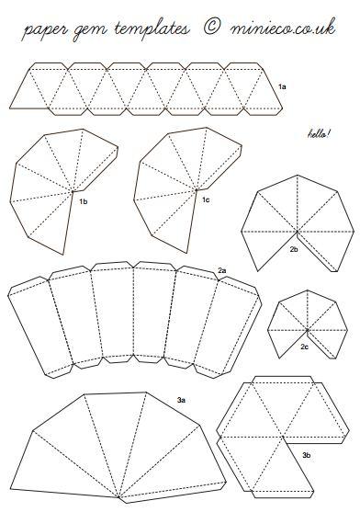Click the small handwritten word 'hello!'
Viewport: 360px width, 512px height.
coord(317,135)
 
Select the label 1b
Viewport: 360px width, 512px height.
coord(83,199)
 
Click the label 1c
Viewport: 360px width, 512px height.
coord(207,199)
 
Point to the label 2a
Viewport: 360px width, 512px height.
coord(222,269)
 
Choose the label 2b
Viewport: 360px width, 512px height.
coord(294,248)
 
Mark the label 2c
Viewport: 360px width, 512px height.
coord(304,347)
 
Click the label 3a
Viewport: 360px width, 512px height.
coord(183,401)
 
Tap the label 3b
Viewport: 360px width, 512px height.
coord(306,454)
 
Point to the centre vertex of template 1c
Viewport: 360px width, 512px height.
coord(197,191)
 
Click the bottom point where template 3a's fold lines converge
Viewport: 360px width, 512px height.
coord(120,497)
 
